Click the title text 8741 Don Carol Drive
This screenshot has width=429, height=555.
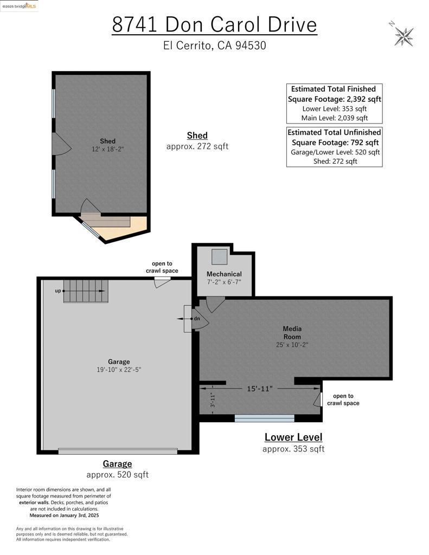point(214,24)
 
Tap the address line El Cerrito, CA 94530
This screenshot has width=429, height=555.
point(214,46)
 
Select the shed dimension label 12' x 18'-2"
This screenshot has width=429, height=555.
point(108,149)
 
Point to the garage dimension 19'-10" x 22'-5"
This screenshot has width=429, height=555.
point(119,370)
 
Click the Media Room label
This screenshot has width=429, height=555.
point(292,333)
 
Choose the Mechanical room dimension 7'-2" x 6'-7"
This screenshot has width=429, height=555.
point(224,282)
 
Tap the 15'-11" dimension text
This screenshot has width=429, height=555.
point(260,389)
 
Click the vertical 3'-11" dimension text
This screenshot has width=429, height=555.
point(212,399)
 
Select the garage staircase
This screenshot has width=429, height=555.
point(86,291)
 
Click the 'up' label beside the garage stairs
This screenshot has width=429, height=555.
point(57,291)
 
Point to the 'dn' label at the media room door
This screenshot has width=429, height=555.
point(197,319)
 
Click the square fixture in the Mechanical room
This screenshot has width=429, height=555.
point(219,256)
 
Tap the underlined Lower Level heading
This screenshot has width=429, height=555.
point(293,437)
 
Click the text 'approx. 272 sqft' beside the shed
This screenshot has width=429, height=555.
point(197,146)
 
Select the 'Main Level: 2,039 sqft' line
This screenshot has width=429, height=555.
point(335,118)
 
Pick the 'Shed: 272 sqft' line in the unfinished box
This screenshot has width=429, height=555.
point(335,162)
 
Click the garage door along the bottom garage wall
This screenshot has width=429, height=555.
point(118,451)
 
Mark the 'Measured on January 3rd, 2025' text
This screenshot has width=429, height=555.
point(64,515)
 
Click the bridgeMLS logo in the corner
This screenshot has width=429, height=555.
point(19,6)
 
